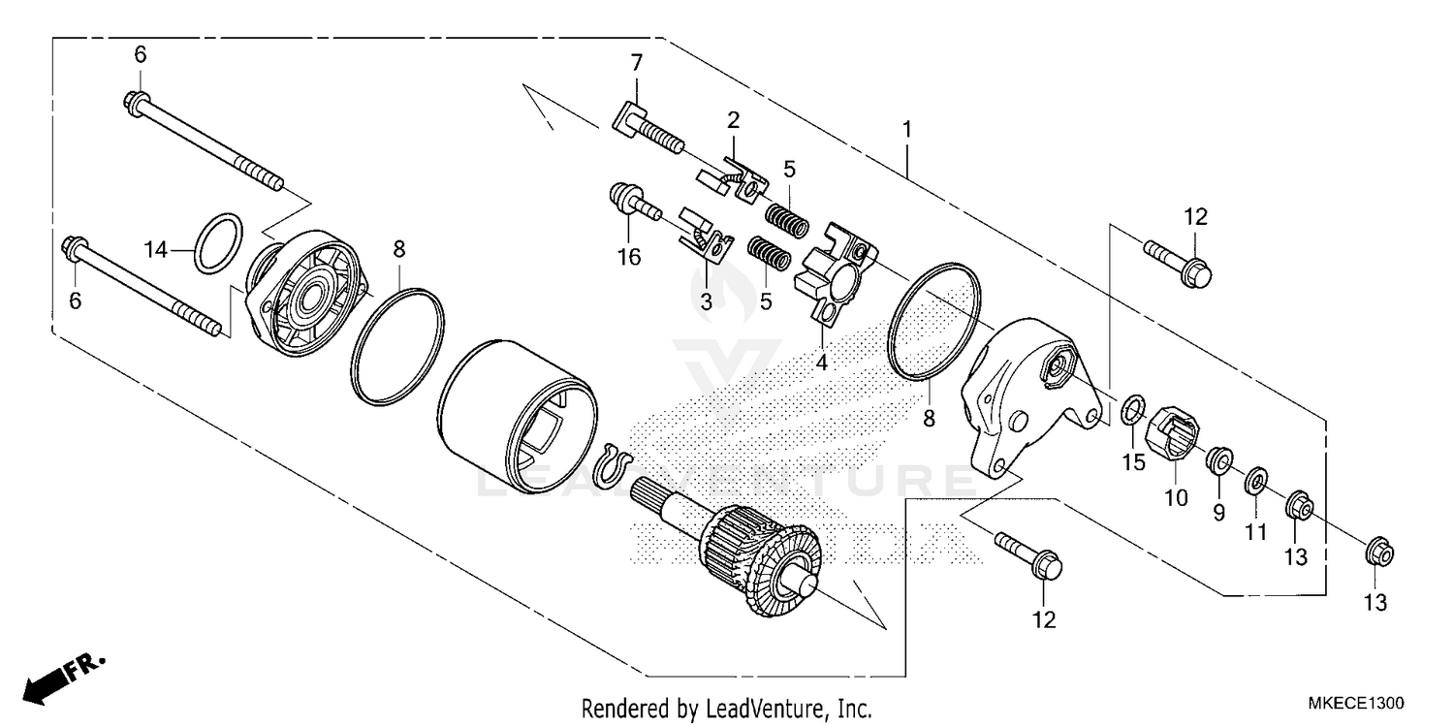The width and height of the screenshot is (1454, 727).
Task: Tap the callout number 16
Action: [629, 257]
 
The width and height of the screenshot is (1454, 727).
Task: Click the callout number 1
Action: [907, 128]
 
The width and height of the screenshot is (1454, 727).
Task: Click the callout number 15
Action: [1133, 462]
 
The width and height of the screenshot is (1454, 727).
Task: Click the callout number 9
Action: [1218, 511]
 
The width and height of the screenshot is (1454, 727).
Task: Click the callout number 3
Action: [706, 301]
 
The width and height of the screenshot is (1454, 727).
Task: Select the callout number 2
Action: [733, 120]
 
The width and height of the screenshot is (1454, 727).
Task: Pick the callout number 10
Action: [1176, 498]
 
